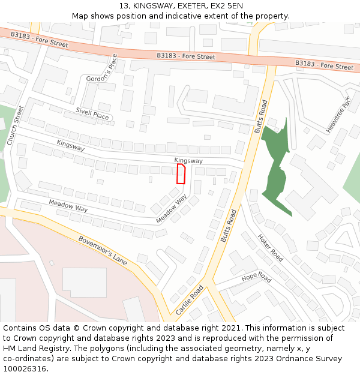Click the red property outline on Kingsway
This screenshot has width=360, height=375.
coord(181,174)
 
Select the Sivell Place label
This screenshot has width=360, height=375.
coord(92,113)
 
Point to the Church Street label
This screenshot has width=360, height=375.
coord(16,125)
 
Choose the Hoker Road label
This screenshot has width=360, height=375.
coord(270,247)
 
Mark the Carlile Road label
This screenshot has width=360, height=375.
coord(190,300)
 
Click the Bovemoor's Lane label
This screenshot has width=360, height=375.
coord(103,250)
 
